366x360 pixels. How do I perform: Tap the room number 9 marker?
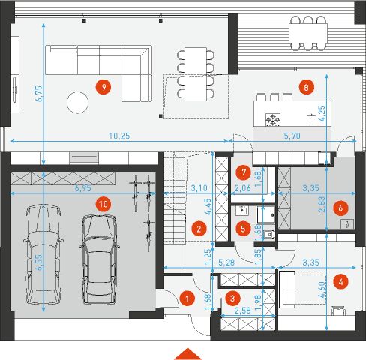[104, 86]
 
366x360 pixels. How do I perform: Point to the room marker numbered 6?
[340, 206]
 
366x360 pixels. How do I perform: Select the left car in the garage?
[41, 255]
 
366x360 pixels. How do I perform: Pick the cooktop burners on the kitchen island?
[274, 118]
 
